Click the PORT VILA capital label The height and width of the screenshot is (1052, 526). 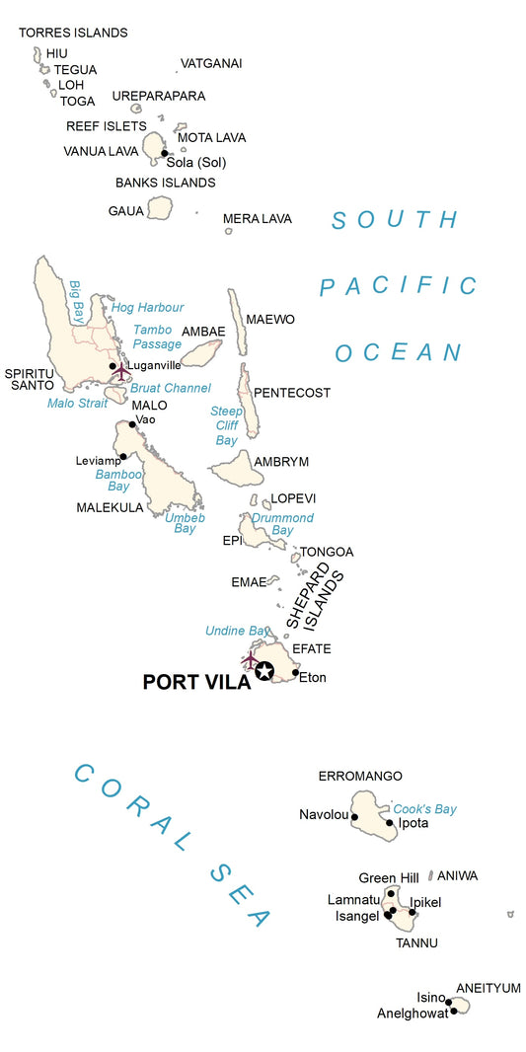[196, 682]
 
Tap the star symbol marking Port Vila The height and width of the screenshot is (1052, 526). [264, 671]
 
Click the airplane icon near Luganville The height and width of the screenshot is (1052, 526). [121, 372]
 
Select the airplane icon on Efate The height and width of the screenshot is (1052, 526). [250, 657]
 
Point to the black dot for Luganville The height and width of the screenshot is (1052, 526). [113, 366]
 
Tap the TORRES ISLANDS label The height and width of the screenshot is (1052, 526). [73, 33]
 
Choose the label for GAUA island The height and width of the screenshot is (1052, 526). [126, 211]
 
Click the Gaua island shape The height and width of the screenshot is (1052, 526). [159, 208]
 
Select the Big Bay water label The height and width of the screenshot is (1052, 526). [75, 302]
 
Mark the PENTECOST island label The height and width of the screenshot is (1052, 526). [292, 393]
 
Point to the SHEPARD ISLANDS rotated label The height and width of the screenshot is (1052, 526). [315, 597]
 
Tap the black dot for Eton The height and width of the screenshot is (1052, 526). [295, 673]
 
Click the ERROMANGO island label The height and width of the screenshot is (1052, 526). [360, 777]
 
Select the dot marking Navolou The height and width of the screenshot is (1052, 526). [354, 817]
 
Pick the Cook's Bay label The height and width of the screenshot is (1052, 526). [425, 809]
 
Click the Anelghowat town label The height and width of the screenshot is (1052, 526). [412, 1014]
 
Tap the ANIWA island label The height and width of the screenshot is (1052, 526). [457, 875]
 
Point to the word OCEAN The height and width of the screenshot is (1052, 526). [398, 353]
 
